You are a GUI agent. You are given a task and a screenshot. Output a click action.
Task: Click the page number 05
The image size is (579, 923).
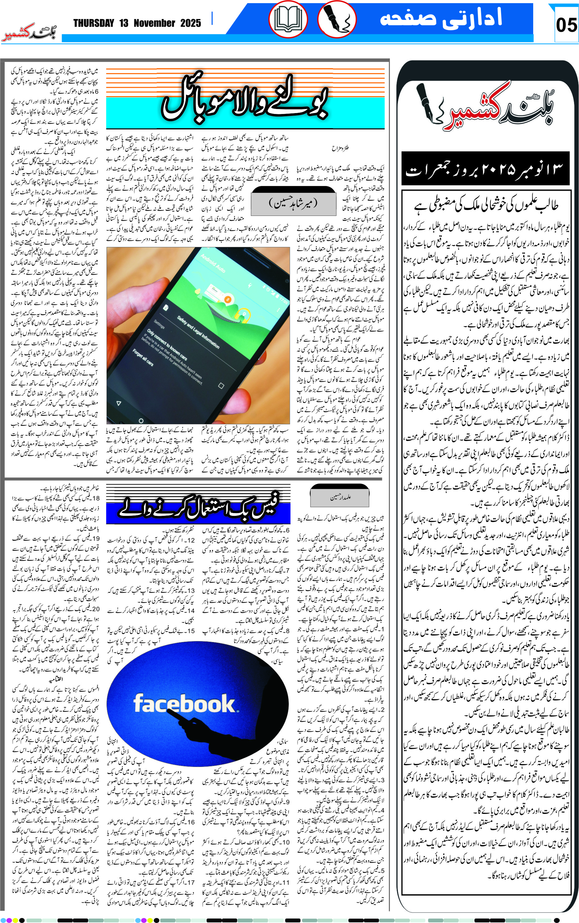pyautogui.click(x=566, y=25)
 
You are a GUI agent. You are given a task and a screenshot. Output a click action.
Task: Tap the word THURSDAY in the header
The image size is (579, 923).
pyautogui.click(x=94, y=23)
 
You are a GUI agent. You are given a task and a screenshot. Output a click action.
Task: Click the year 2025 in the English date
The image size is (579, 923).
pyautogui.click(x=190, y=23)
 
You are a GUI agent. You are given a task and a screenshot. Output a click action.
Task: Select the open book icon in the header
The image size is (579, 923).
pyautogui.click(x=288, y=19)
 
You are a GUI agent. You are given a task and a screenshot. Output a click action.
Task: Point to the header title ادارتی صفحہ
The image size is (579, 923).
pyautogui.click(x=440, y=18)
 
